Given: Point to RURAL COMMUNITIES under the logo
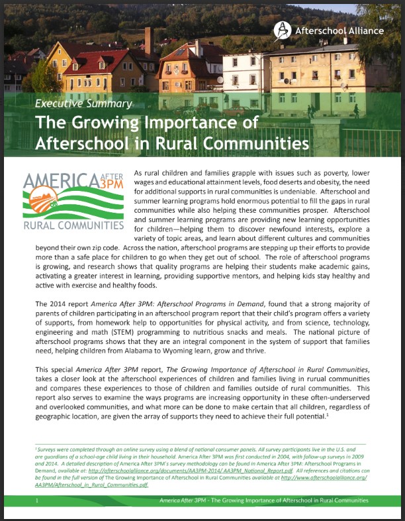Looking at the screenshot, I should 73,225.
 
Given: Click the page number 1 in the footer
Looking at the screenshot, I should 38,500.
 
